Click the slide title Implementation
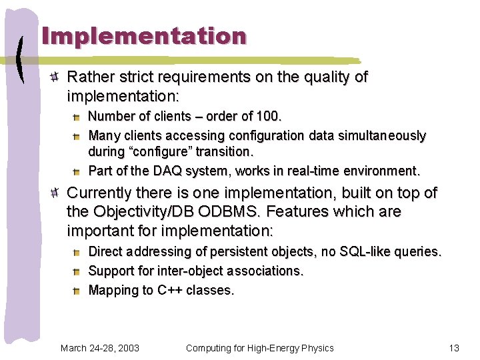(x=144, y=36)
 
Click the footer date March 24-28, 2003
(x=100, y=348)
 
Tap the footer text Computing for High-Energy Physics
(x=259, y=348)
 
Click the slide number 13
(x=454, y=348)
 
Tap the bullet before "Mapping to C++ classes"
(x=77, y=291)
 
